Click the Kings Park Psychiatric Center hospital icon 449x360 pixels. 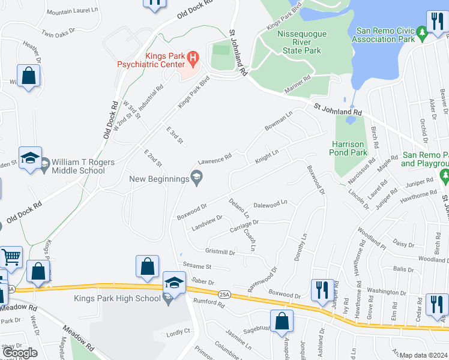point(193,58)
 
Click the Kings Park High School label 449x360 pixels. point(118,298)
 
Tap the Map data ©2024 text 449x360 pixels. point(423,355)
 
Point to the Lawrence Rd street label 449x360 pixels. point(215,160)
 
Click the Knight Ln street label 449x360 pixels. point(267,157)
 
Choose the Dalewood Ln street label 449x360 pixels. point(271,205)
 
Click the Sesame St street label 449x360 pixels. point(197,266)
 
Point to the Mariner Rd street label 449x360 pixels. point(298,78)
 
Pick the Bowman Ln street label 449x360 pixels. point(279,121)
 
